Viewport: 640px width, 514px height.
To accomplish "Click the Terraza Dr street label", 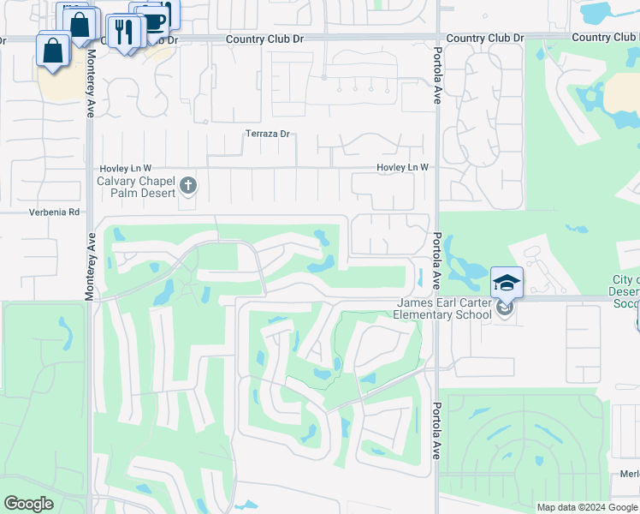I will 268,134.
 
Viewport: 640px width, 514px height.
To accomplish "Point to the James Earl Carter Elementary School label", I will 443,308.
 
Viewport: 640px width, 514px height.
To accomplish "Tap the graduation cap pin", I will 507,283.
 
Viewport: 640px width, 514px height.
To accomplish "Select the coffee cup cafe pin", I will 154,21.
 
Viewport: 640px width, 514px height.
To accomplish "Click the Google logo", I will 28,504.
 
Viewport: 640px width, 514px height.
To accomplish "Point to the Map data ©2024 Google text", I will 586,507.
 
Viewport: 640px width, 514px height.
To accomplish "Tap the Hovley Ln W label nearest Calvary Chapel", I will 126,168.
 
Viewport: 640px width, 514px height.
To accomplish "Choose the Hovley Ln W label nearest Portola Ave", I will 402,168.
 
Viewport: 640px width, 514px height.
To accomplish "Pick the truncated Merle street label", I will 630,474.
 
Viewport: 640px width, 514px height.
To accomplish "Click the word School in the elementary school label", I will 474,314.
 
